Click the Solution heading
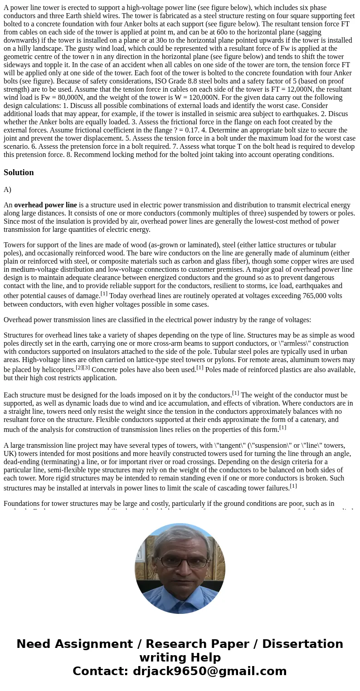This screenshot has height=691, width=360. pyautogui.click(x=19, y=172)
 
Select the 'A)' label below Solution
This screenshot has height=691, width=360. pyautogui.click(x=7, y=190)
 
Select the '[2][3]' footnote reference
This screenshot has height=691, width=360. pyautogui.click(x=83, y=368)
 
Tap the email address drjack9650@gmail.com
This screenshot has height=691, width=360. pyautogui.click(x=209, y=671)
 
